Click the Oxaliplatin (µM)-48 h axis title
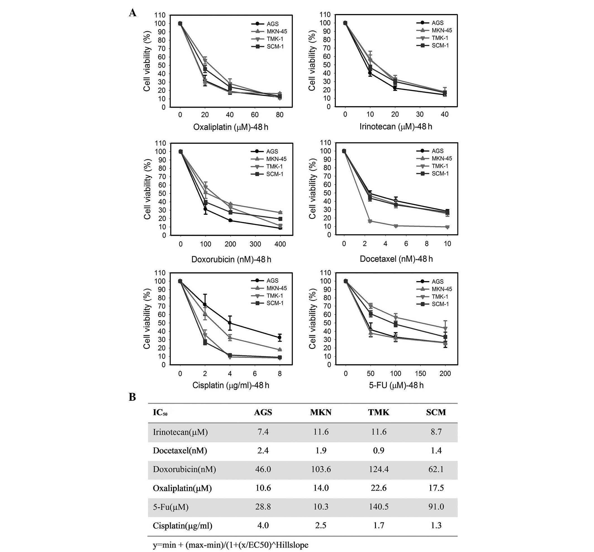pyautogui.click(x=231, y=127)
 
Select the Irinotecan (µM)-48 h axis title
pyautogui.click(x=396, y=127)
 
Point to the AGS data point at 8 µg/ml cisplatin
pyautogui.click(x=280, y=338)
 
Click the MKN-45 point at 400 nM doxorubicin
pyautogui.click(x=280, y=212)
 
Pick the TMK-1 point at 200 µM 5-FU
pyautogui.click(x=445, y=329)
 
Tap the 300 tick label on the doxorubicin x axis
pyautogui.click(x=255, y=244)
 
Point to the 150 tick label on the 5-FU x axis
pyautogui.click(x=420, y=374)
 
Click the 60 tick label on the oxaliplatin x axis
pyautogui.click(x=255, y=115)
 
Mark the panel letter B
pyautogui.click(x=132, y=397)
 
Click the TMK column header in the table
pyautogui.click(x=379, y=412)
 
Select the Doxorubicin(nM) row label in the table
pyautogui.click(x=184, y=469)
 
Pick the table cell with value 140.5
pyautogui.click(x=379, y=507)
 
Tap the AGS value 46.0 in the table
pyautogui.click(x=263, y=469)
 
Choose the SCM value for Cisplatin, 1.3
pyautogui.click(x=436, y=525)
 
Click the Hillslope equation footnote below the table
pyautogui.click(x=231, y=545)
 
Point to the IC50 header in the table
pyautogui.click(x=160, y=413)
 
